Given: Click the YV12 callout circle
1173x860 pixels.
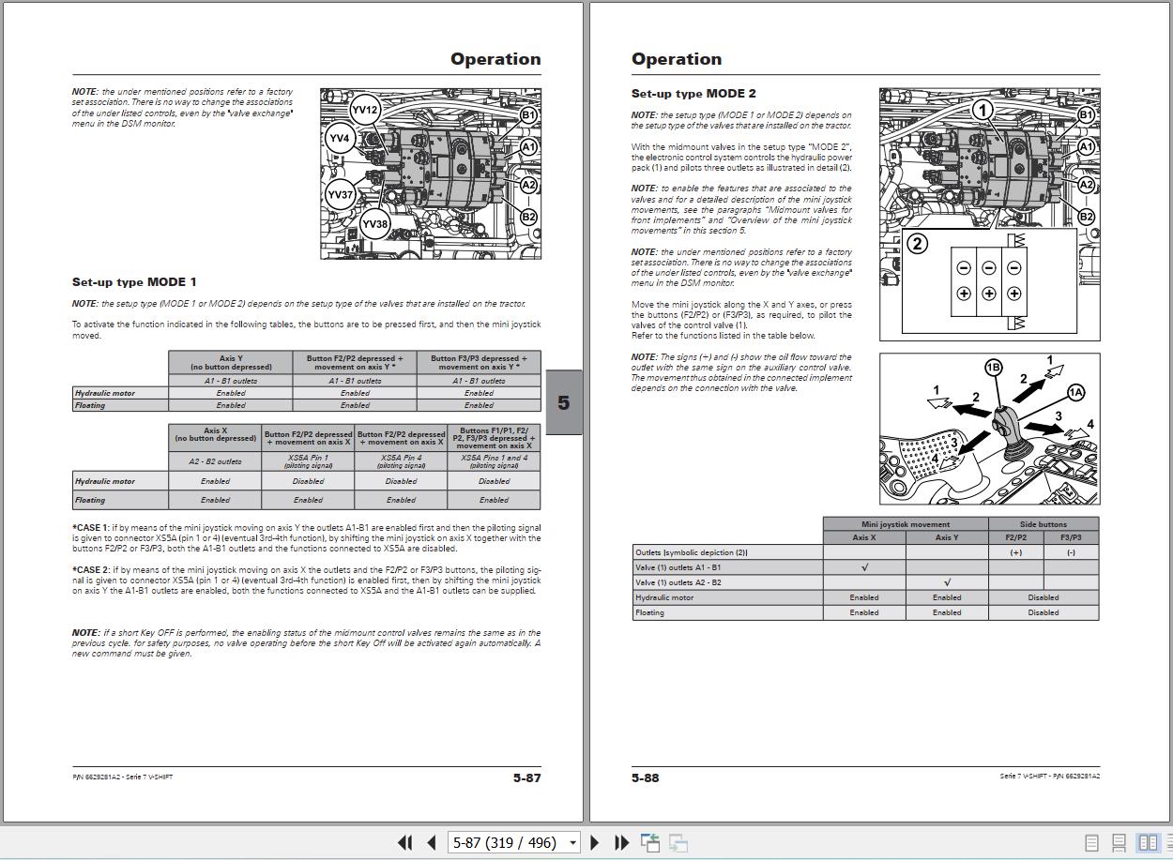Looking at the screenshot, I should pyautogui.click(x=364, y=110).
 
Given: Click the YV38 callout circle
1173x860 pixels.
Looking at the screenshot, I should pyautogui.click(x=374, y=224).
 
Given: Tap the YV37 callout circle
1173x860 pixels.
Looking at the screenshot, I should pyautogui.click(x=340, y=195).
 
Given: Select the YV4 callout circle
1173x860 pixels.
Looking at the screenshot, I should pyautogui.click(x=339, y=139).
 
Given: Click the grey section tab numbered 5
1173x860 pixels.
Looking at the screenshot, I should pyautogui.click(x=563, y=403).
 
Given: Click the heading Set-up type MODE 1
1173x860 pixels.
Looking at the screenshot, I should pyautogui.click(x=134, y=282).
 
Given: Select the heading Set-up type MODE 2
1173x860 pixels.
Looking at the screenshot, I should pyautogui.click(x=693, y=94).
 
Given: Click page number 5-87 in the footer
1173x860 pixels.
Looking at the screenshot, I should pyautogui.click(x=526, y=777).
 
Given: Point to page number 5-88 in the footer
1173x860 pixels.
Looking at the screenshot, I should pyautogui.click(x=646, y=777).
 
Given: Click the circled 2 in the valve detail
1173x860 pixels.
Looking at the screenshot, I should pyautogui.click(x=917, y=244).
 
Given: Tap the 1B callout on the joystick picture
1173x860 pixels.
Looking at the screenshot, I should pyautogui.click(x=993, y=368).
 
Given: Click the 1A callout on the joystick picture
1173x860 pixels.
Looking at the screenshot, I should pyautogui.click(x=1074, y=393).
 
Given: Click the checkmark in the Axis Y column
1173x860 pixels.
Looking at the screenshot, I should pyautogui.click(x=947, y=582).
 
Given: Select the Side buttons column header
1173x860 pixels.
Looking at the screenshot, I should pyautogui.click(x=1043, y=524).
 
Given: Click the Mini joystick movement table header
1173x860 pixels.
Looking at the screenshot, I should pyautogui.click(x=905, y=524).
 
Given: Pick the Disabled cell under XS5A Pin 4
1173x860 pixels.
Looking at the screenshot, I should pyautogui.click(x=401, y=481).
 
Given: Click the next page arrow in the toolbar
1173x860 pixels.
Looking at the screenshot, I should pyautogui.click(x=594, y=842).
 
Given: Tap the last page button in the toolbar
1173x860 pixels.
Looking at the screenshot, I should pyautogui.click(x=620, y=842).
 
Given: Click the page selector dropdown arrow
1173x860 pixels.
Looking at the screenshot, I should pyautogui.click(x=572, y=842).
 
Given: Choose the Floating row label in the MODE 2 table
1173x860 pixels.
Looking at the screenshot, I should pyautogui.click(x=649, y=612).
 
